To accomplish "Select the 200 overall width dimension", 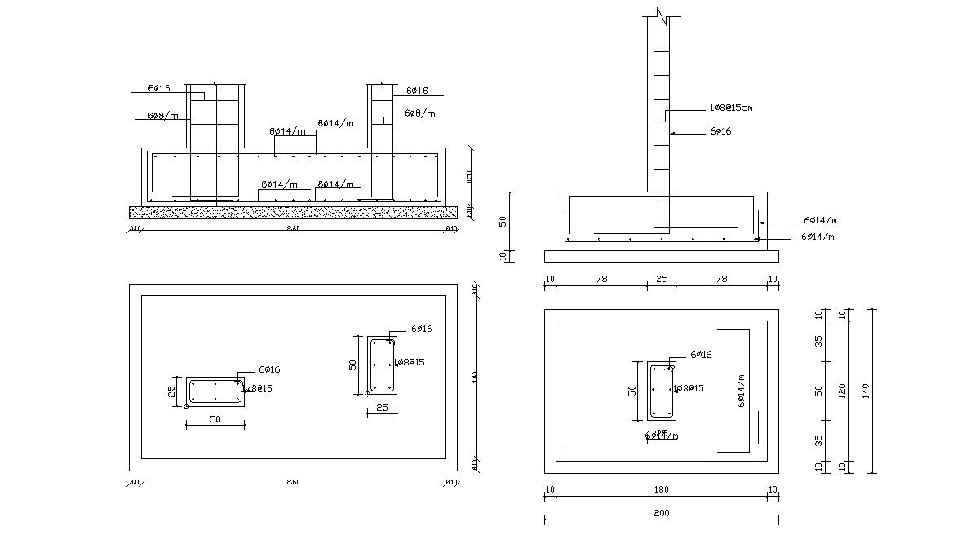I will [x=661, y=513].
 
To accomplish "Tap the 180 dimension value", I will [x=661, y=490].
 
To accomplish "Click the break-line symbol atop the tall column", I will [x=662, y=14].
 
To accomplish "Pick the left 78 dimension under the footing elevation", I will [x=601, y=280].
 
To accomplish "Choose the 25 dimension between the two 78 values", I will [x=662, y=280].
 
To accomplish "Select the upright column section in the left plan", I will [x=382, y=365].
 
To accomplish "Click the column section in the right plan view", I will [x=662, y=391].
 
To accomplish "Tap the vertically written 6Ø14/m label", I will [x=741, y=391].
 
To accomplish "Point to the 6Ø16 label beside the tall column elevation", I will [x=720, y=130].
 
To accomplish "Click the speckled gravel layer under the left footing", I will [x=293, y=212].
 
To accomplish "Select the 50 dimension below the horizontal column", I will [x=215, y=419].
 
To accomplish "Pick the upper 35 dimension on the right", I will [x=818, y=340].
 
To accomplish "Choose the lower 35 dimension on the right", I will [x=818, y=440].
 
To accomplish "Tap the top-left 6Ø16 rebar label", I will [x=159, y=87].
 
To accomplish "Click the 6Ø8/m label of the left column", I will [x=162, y=116].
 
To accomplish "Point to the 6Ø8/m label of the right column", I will [x=419, y=113].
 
